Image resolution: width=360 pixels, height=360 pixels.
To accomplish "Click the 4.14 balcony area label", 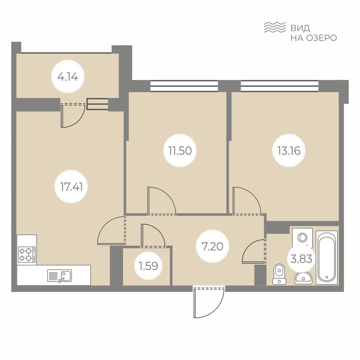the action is point(68,77).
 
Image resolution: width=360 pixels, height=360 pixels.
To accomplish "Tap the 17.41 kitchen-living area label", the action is point(71,186).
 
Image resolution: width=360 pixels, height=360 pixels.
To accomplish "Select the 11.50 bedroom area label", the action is point(180,150).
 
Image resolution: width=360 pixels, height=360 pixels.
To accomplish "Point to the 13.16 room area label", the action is point(289,150).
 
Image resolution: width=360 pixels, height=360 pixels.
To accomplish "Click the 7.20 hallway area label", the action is point(212,246).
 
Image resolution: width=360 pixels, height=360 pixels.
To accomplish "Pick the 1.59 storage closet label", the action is point(148,266).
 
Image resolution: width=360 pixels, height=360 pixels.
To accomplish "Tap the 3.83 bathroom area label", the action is point(301,259).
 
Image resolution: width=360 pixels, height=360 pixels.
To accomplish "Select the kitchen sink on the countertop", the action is point(59,276).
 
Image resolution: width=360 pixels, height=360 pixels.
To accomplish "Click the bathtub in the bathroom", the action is point(327,257).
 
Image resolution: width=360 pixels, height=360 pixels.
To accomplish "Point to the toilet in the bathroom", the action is point(279,274).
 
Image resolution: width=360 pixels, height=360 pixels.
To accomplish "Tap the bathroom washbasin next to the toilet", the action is point(303,278).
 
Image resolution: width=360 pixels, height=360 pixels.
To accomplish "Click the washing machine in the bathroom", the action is point(302,237).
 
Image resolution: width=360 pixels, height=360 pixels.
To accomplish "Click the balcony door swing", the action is point(73,116).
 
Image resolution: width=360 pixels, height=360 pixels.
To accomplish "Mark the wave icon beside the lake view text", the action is point(275,27).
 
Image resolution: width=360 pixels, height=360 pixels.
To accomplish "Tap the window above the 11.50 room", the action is point(184,86).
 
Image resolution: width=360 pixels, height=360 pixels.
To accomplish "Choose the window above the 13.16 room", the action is point(279,86).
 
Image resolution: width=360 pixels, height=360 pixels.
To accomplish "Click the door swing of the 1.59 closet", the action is point(153,236).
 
